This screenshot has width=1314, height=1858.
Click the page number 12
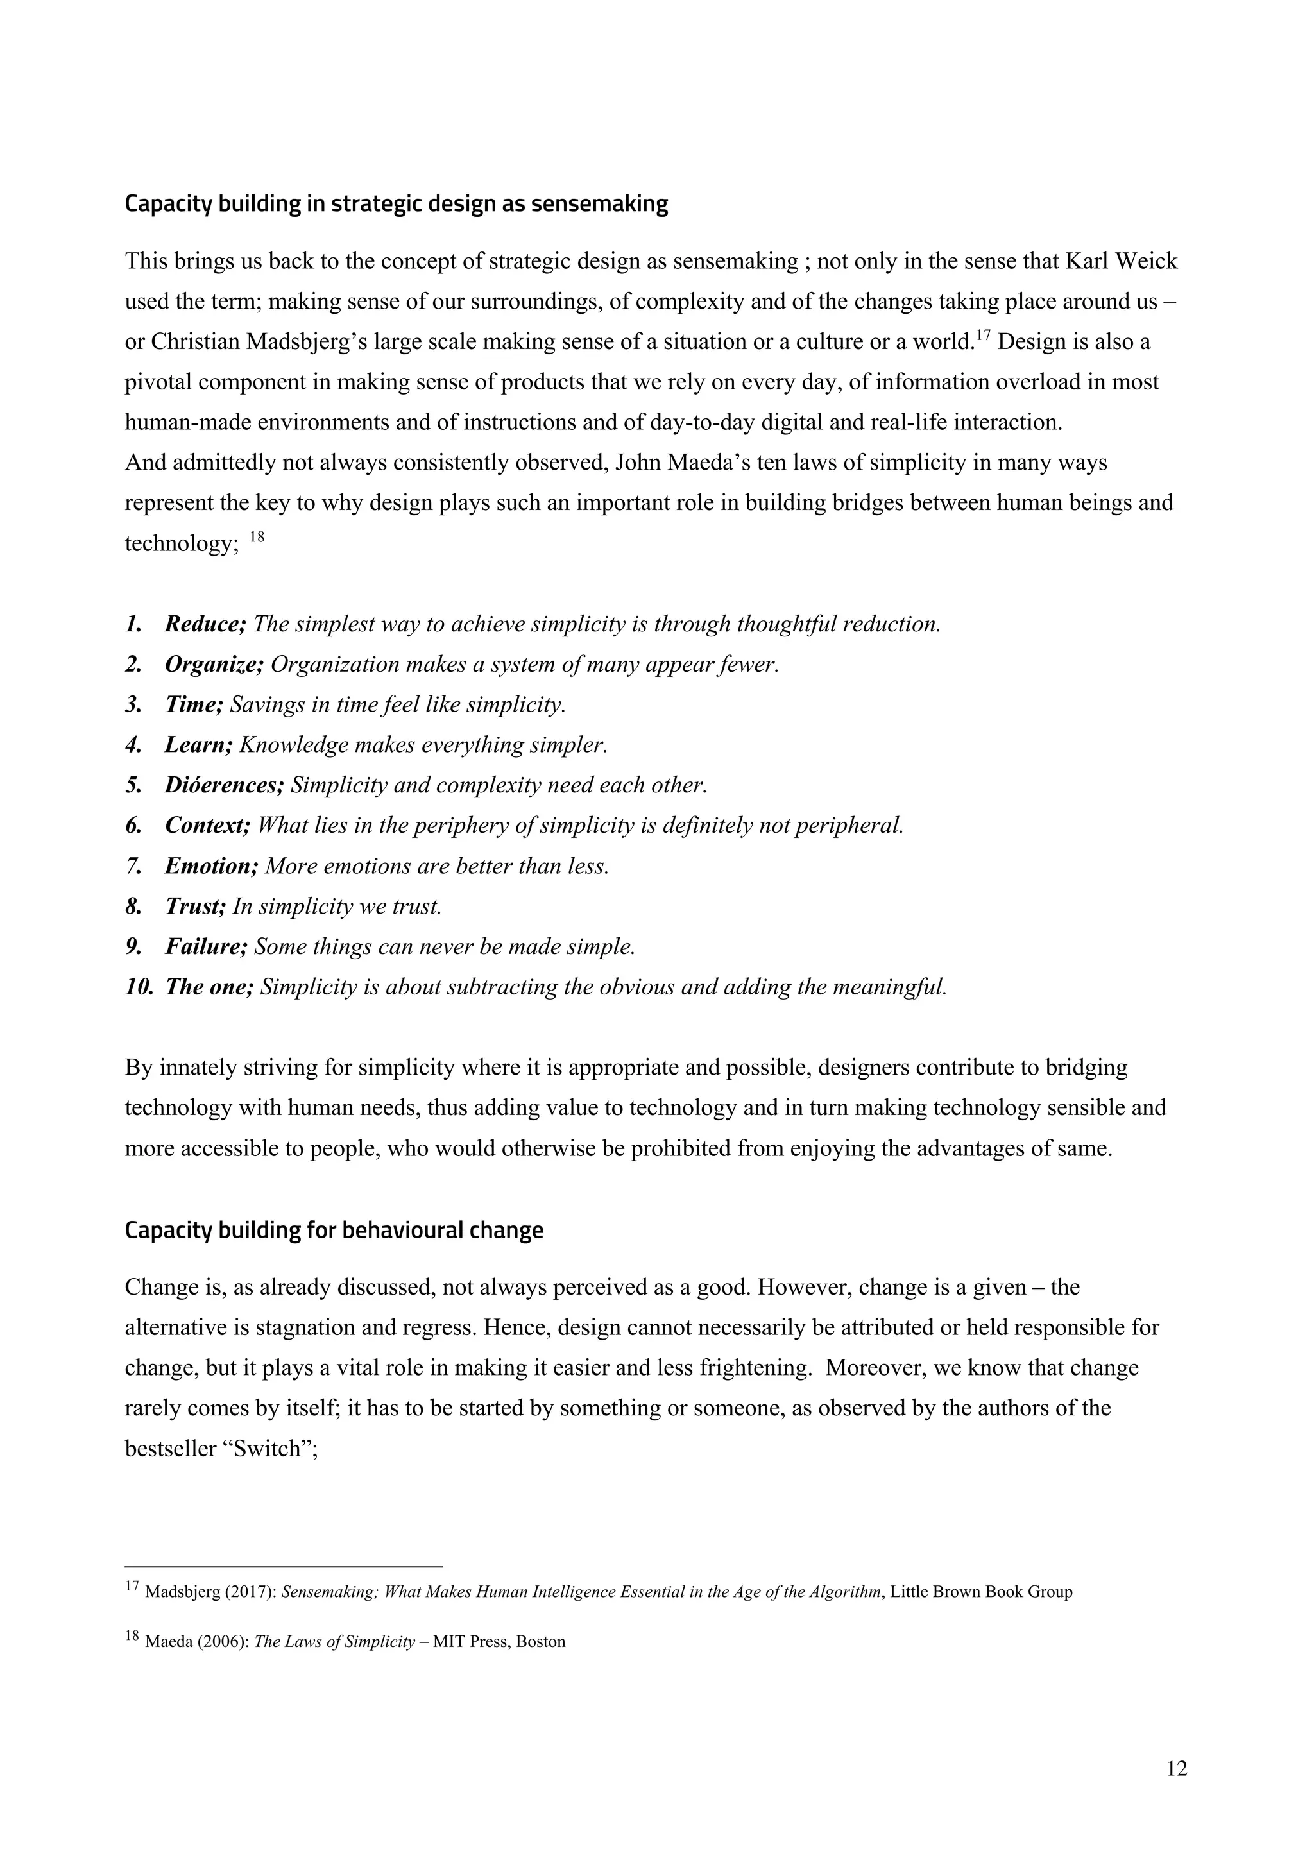[1177, 1769]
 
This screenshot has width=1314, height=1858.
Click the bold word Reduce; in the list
[205, 624]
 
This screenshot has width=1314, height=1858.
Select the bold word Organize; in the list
[214, 665]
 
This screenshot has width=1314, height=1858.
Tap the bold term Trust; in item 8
[195, 907]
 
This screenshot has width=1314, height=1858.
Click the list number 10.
[139, 987]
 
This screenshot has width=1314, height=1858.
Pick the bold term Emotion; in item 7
[211, 866]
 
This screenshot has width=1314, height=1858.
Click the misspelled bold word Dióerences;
[224, 785]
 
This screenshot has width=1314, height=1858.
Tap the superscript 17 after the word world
[982, 335]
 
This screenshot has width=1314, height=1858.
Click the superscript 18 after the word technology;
[256, 536]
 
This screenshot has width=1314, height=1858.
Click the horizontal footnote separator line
[283, 1567]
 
